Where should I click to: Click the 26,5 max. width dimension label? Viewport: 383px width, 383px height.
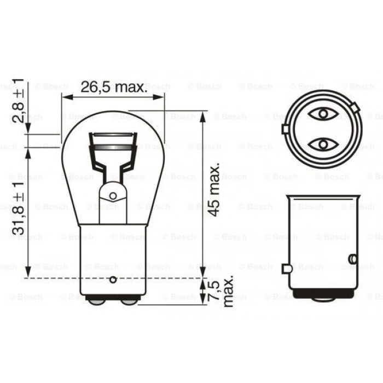113,86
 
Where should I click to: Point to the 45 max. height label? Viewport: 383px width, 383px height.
215,189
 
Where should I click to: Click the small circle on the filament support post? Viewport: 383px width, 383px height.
113,195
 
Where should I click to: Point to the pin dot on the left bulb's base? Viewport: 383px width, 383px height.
113,280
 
